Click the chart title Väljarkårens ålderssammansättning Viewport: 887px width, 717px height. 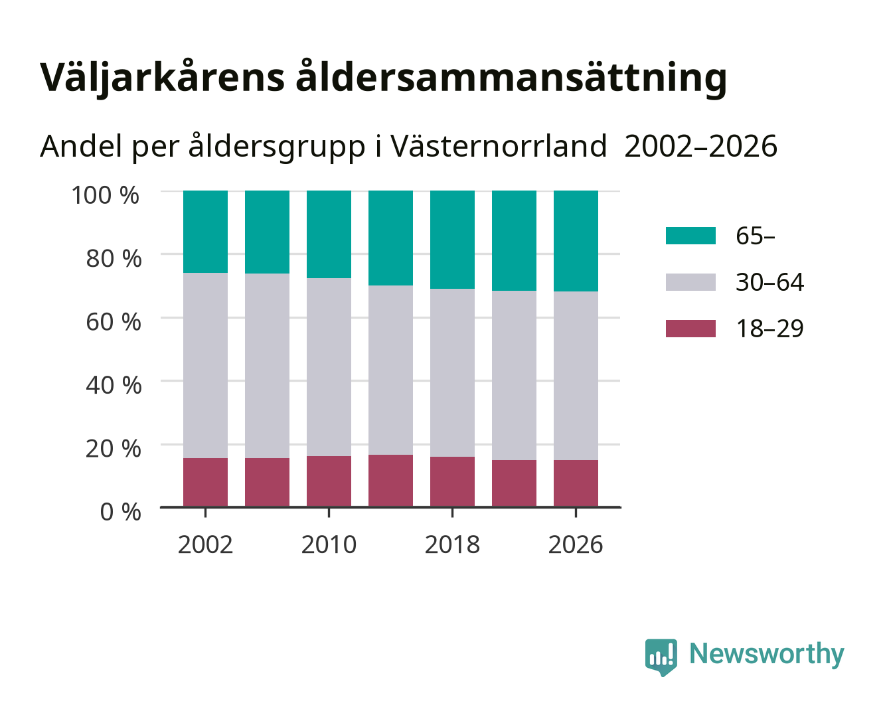pyautogui.click(x=383, y=78)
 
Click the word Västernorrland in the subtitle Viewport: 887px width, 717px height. pyautogui.click(x=499, y=146)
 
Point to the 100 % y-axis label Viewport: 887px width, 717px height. pyautogui.click(x=105, y=195)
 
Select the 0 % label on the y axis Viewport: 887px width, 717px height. pyautogui.click(x=120, y=511)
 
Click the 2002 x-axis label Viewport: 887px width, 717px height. pyautogui.click(x=205, y=544)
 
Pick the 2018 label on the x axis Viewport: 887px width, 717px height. pyautogui.click(x=452, y=544)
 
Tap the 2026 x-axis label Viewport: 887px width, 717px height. pyautogui.click(x=576, y=544)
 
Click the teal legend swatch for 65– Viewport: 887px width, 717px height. pyautogui.click(x=690, y=236)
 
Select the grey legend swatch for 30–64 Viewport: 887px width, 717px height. pyautogui.click(x=690, y=282)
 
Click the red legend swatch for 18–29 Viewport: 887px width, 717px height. pyautogui.click(x=690, y=329)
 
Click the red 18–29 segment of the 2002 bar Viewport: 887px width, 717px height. pyautogui.click(x=205, y=483)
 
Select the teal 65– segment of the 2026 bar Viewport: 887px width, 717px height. pyautogui.click(x=576, y=241)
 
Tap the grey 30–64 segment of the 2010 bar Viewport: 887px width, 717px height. pyautogui.click(x=329, y=367)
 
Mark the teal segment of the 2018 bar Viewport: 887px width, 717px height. pyautogui.click(x=452, y=240)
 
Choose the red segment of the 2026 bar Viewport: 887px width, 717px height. pyautogui.click(x=576, y=483)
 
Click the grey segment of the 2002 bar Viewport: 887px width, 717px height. pyautogui.click(x=205, y=366)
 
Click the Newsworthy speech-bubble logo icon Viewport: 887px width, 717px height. pyautogui.click(x=661, y=657)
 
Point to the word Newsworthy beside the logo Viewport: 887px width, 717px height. pyautogui.click(x=767, y=655)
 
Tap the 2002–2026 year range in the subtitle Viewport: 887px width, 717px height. pyautogui.click(x=701, y=146)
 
